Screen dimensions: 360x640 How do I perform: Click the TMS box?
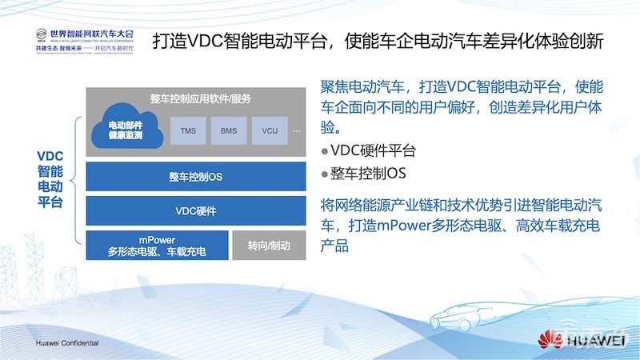188,130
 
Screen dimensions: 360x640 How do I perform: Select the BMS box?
228,130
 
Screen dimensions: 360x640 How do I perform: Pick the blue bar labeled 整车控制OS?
195,176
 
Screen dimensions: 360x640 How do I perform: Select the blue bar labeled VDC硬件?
195,212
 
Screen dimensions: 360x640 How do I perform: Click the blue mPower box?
157,246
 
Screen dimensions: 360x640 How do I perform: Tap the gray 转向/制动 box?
268,246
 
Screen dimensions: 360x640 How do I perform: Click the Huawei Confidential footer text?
67,342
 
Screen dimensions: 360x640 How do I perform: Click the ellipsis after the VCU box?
296,130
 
